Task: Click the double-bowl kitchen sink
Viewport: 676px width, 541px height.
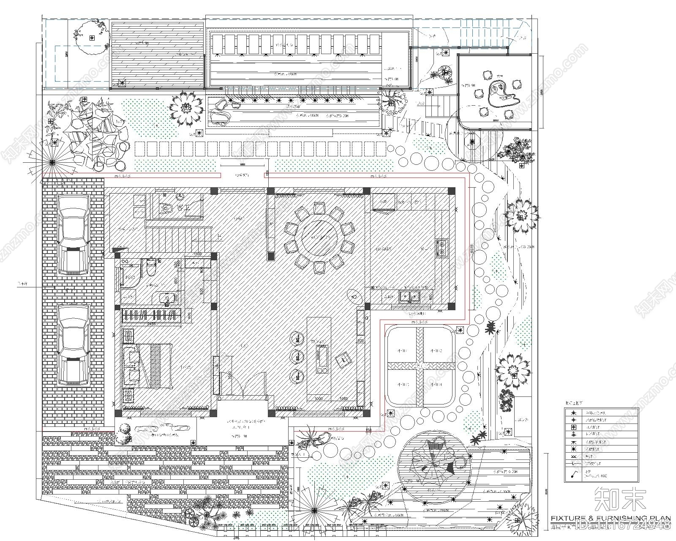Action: click(409, 297)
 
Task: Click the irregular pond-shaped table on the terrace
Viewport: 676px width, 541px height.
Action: click(502, 94)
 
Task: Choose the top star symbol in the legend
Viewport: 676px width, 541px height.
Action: click(574, 412)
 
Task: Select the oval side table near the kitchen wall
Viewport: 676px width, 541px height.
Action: click(353, 295)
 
